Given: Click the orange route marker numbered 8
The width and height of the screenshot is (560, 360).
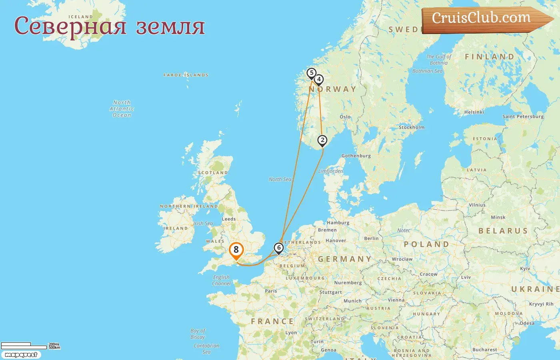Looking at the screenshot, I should click(x=236, y=250).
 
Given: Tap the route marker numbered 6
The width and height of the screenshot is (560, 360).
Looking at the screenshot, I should click(x=279, y=248).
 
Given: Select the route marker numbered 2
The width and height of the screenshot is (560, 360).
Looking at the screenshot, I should click(x=322, y=140).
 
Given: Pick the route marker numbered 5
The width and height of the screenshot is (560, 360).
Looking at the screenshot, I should click(x=311, y=73).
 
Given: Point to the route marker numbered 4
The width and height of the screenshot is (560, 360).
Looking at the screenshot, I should click(x=319, y=79).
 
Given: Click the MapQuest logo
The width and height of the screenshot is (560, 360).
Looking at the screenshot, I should click(x=21, y=355).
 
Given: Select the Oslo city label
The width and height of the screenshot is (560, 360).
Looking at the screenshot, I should click(x=345, y=117).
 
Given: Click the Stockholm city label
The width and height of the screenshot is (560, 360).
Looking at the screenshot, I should click(x=411, y=127).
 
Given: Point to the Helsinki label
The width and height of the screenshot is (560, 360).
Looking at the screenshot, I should click(x=474, y=112).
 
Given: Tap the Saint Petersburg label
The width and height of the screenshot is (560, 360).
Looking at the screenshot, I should click(x=523, y=116).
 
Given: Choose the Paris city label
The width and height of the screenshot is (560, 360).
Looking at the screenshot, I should click(x=271, y=291).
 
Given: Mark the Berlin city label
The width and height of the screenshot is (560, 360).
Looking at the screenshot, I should click(x=371, y=238).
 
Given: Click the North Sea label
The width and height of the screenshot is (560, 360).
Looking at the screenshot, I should click(x=280, y=179).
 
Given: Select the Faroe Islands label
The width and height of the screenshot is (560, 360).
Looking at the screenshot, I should click(x=186, y=75).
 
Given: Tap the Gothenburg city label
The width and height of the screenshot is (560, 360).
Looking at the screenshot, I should click(x=356, y=156).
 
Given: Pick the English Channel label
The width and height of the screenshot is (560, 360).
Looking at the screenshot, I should click(x=222, y=280).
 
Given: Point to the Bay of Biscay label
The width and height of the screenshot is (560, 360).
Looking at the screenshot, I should click(x=198, y=334).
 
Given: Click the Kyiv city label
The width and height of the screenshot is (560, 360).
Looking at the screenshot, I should click(x=525, y=268).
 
